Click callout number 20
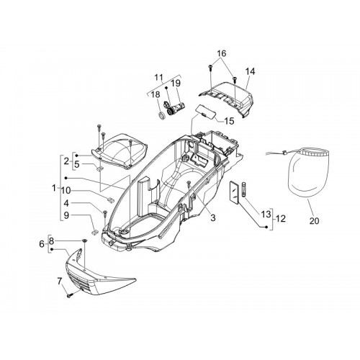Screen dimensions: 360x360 point(314,220)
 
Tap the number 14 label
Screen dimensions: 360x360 point(250,71)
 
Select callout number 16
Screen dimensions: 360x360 point(222,53)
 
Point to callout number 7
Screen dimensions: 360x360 point(60,281)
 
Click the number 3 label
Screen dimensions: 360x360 point(213,217)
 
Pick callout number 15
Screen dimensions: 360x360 point(229,121)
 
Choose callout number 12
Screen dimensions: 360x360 point(281,219)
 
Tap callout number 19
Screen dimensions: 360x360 point(176,84)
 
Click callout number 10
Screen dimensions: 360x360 point(66,191)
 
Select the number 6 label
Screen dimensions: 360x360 point(42,244)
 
